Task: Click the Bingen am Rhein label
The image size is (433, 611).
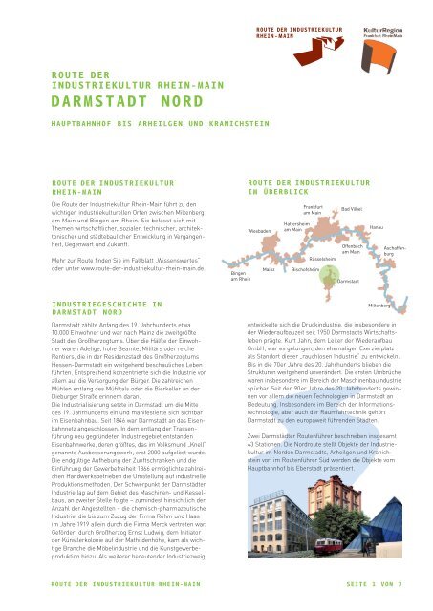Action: click(240, 275)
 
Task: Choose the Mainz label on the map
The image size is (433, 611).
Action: click(270, 270)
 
